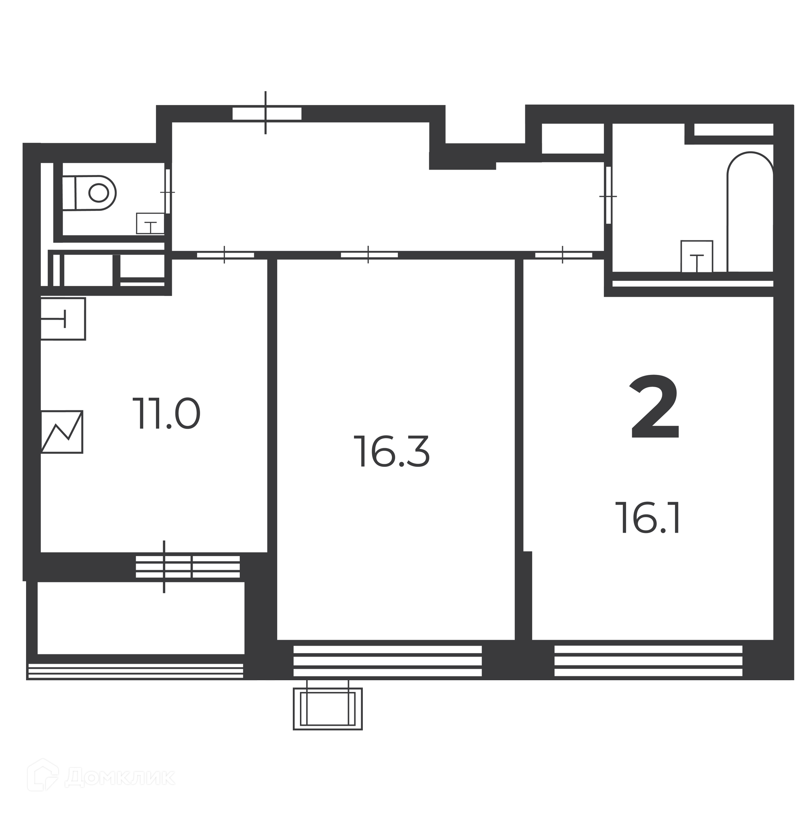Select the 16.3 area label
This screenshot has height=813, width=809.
point(391,451)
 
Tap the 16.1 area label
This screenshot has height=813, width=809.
point(650,518)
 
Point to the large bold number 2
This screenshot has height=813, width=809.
point(654,406)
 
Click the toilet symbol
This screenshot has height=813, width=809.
point(89,193)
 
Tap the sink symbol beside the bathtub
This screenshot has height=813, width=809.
point(697,256)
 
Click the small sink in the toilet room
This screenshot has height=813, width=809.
point(150,223)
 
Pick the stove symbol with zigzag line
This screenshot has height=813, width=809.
point(62,432)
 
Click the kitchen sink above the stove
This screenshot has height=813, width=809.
point(63,319)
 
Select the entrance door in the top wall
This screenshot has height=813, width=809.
point(267,113)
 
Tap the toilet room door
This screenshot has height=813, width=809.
point(168,191)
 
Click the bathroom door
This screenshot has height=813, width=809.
point(608,195)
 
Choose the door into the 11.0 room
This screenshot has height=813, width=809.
point(225,255)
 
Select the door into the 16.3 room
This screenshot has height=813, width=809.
point(369,255)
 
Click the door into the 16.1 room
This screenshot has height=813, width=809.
point(563,255)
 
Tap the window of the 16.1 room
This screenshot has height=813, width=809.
point(648,660)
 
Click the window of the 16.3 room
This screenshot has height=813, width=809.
point(387,660)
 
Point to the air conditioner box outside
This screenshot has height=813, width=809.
point(328,708)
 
